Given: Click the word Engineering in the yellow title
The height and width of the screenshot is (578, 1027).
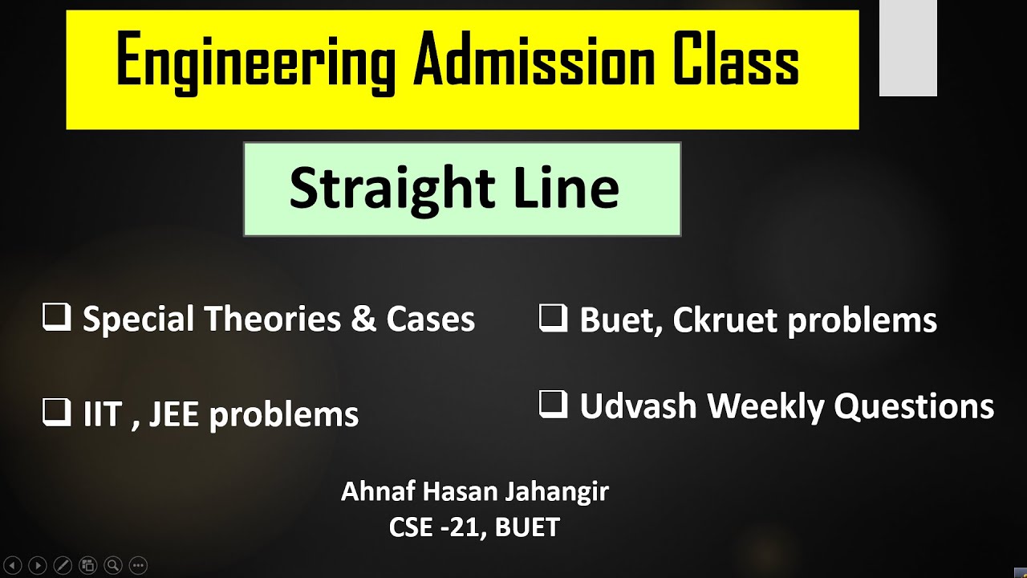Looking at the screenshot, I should pyautogui.click(x=256, y=63).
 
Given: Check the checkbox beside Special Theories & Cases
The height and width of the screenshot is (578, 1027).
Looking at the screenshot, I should pyautogui.click(x=56, y=319).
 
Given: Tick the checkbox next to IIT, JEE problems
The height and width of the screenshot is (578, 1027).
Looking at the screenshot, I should pyautogui.click(x=56, y=413).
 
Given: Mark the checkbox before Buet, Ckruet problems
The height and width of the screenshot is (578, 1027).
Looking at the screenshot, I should pyautogui.click(x=553, y=319).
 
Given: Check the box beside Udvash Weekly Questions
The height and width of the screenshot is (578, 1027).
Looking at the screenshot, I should pyautogui.click(x=553, y=405).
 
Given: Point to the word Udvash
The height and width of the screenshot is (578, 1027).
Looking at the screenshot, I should pyautogui.click(x=638, y=407).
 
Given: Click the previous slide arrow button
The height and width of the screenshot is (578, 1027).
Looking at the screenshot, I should pyautogui.click(x=12, y=565).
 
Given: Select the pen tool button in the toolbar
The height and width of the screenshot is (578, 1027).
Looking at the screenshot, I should pyautogui.click(x=63, y=565).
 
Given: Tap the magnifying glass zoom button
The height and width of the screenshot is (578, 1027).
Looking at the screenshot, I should pyautogui.click(x=113, y=565).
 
